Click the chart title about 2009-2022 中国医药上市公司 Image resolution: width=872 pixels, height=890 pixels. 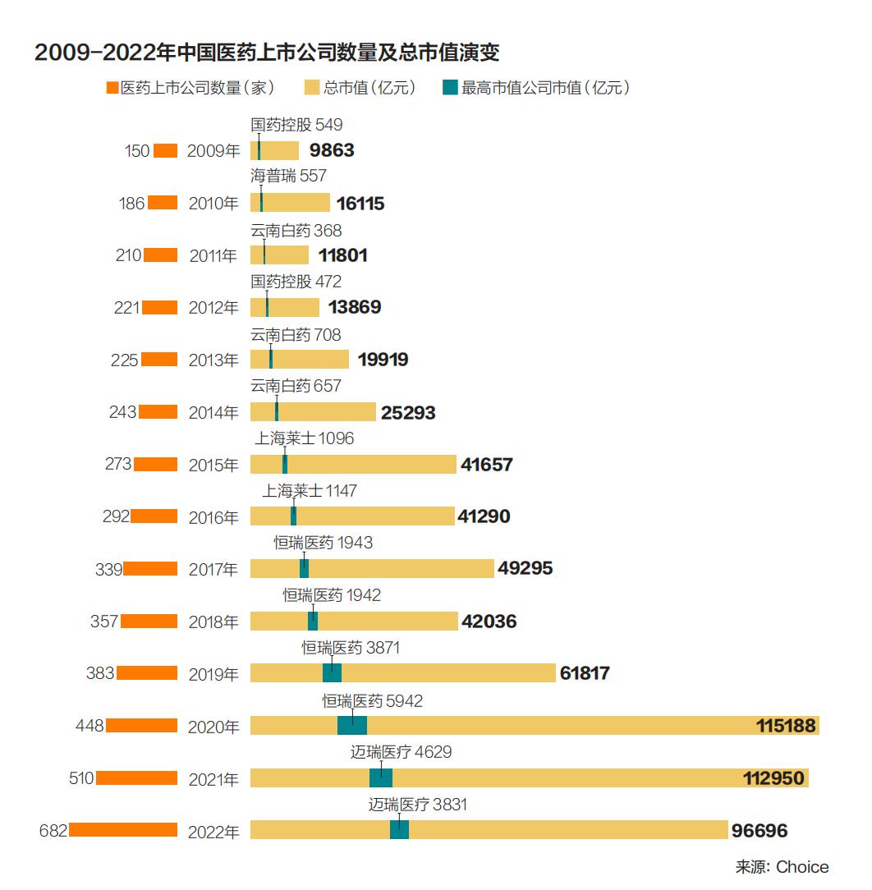[x=267, y=53]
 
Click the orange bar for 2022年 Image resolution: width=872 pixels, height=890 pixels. [x=123, y=830]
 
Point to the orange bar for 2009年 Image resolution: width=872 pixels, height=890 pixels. [x=165, y=150]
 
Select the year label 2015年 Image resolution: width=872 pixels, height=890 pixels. [x=213, y=465]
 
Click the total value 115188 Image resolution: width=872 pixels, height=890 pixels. [x=785, y=726]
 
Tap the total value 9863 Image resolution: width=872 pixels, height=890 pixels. [x=332, y=151]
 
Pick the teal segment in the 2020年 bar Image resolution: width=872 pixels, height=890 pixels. [x=352, y=726]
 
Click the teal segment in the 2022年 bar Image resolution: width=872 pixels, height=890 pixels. [x=399, y=830]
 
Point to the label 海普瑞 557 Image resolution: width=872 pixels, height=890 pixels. [x=288, y=176]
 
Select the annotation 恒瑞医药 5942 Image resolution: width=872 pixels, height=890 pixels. [x=372, y=701]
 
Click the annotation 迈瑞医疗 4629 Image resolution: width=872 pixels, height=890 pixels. [x=401, y=752]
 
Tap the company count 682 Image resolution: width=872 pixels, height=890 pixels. [x=53, y=830]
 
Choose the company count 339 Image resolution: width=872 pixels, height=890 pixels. [x=108, y=569]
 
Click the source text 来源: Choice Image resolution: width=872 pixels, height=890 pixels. [x=782, y=867]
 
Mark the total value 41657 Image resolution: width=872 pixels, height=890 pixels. [x=487, y=465]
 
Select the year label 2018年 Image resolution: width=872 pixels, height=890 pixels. [x=213, y=622]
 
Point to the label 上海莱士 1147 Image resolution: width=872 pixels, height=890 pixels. [x=310, y=491]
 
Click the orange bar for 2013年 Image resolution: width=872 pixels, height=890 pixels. [x=159, y=360]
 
